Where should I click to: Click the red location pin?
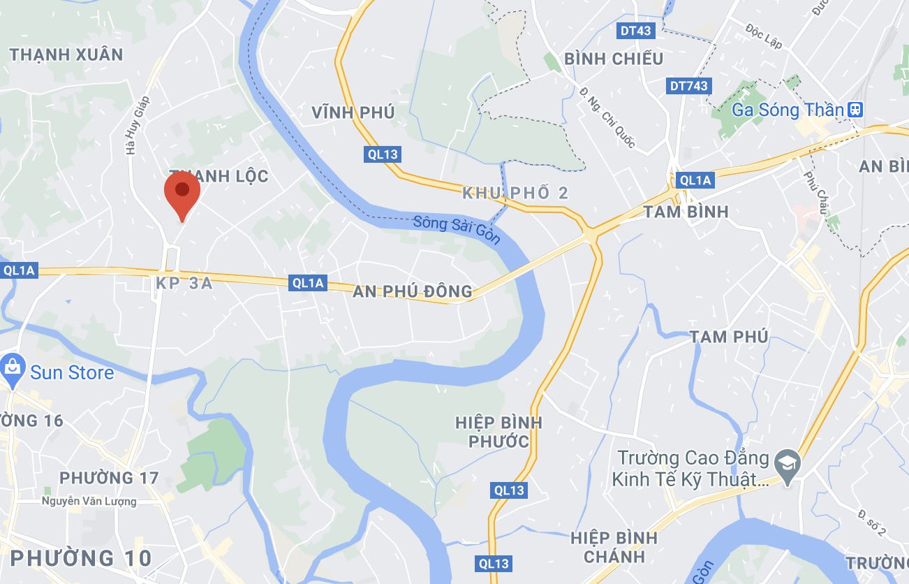pos(182,190)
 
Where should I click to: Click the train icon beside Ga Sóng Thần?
pos(855,110)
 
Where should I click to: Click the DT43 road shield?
pos(635,31)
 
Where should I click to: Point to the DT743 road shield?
pos(688,86)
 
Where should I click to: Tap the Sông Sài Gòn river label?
pos(457,230)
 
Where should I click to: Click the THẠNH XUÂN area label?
pos(66,54)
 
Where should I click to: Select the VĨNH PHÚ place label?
pos(353,112)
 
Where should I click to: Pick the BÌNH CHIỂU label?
pos(614,59)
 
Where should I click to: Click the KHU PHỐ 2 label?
pos(516,194)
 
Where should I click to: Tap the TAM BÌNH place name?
pos(687,212)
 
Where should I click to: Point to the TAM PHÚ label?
pos(729,337)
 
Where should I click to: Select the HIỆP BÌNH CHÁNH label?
pos(614,547)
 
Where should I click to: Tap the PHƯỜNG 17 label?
pos(109,478)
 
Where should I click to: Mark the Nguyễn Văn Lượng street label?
pos(89,501)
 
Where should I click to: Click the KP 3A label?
pos(182,284)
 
